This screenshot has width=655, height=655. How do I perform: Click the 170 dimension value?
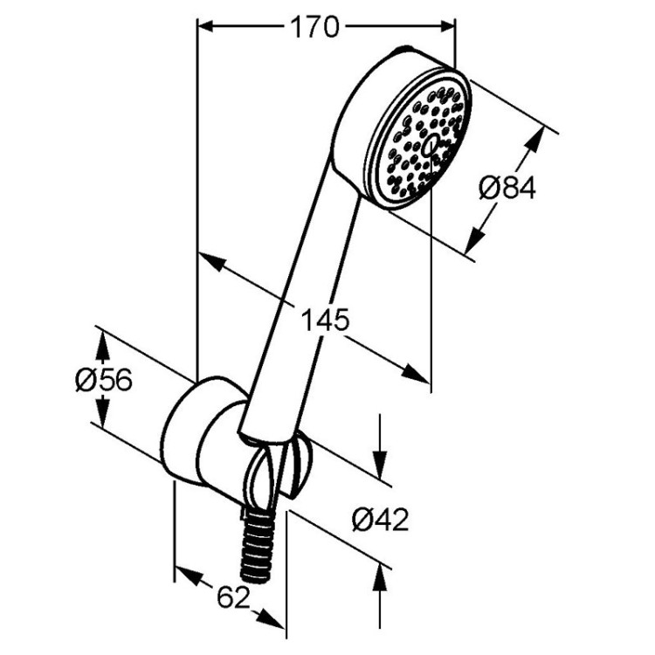(314, 28)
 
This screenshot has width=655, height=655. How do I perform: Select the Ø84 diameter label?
(507, 188)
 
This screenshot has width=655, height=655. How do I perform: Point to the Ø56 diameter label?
(103, 380)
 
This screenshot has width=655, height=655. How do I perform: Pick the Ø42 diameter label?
(381, 520)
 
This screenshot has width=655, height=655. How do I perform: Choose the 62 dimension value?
(232, 597)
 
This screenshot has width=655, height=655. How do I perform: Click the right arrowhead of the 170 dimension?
(447, 27)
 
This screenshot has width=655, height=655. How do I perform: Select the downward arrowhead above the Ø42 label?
(381, 467)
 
